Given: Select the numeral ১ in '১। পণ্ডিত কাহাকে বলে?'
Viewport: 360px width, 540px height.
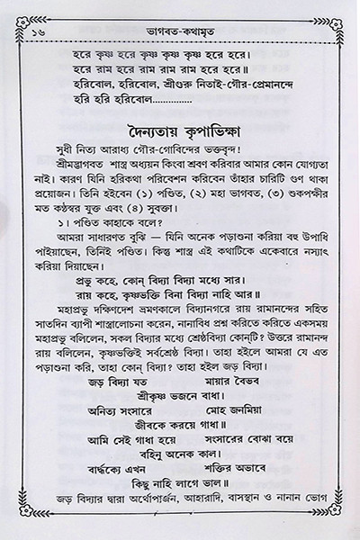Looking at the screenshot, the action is pos(58,231).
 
